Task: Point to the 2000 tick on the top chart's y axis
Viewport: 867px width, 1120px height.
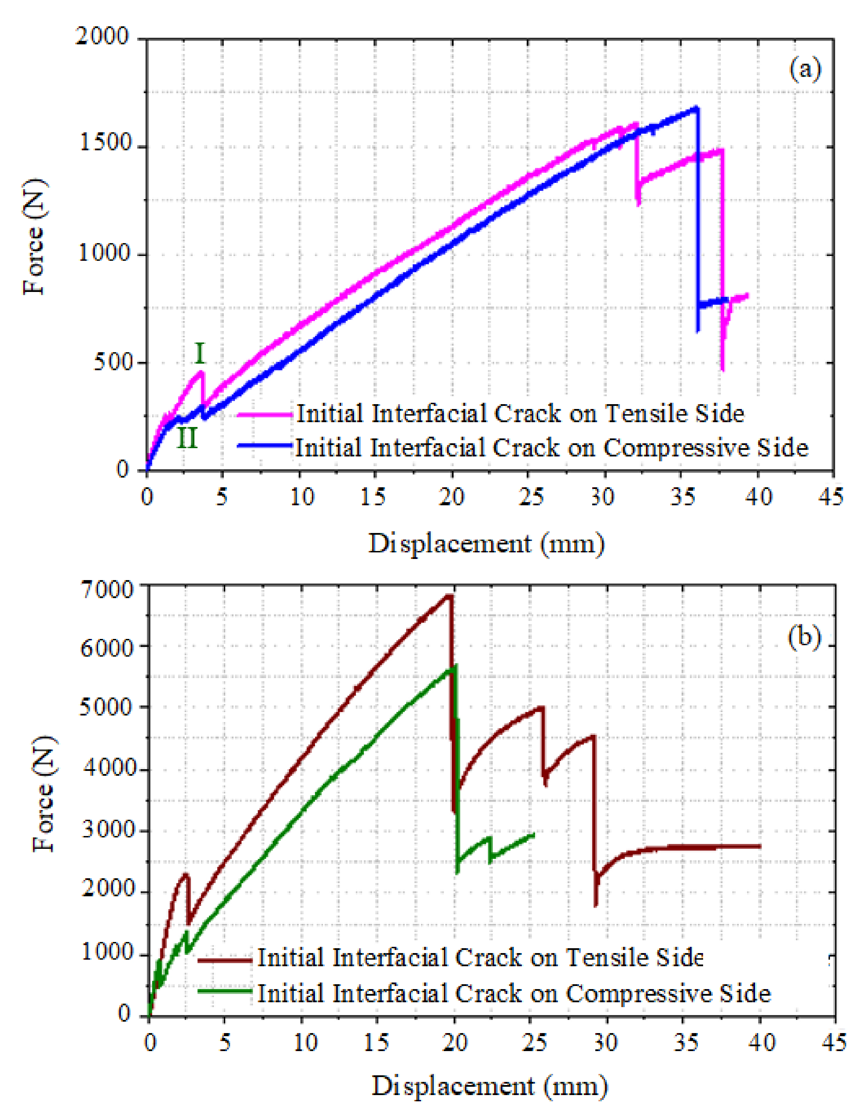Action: pyautogui.click(x=102, y=37)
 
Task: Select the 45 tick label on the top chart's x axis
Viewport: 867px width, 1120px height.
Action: pyautogui.click(x=831, y=496)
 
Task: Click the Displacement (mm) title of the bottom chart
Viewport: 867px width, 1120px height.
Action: pyautogui.click(x=489, y=1086)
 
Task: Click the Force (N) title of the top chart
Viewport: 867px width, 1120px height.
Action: pyautogui.click(x=34, y=237)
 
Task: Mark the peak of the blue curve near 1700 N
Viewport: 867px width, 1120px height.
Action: pyautogui.click(x=696, y=108)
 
